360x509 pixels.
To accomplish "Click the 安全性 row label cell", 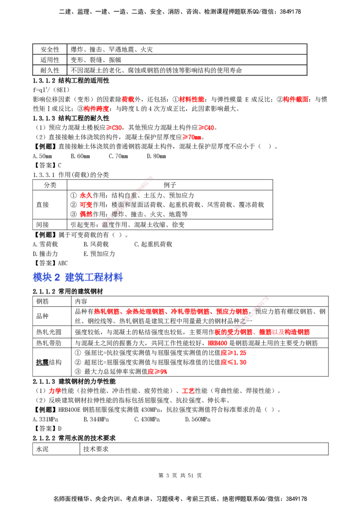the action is click(49, 49).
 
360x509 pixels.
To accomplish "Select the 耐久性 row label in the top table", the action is click(49, 70).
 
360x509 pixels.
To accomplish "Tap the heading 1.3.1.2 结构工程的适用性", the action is click(71, 80).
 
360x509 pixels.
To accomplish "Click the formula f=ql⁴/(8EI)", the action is click(51, 89).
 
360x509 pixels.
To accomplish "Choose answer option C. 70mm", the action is click(118, 156).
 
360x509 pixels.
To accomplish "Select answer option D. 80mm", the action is click(156, 156).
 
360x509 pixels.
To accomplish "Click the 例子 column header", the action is click(170, 185).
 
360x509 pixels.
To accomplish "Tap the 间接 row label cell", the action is click(49, 225).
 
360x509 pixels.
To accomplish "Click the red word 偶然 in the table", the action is click(86, 214).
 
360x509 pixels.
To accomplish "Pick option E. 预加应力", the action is click(99, 254).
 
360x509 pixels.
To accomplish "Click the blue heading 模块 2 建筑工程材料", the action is click(78, 277).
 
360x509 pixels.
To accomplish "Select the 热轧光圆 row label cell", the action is click(52, 332).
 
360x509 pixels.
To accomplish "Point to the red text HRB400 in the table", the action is click(218, 343).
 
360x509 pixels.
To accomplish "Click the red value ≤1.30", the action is click(233, 362).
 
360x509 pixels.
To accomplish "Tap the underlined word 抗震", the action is click(42, 362).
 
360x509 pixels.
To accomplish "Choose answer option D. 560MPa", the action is click(198, 420).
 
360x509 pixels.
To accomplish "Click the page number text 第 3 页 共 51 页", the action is click(180, 476).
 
